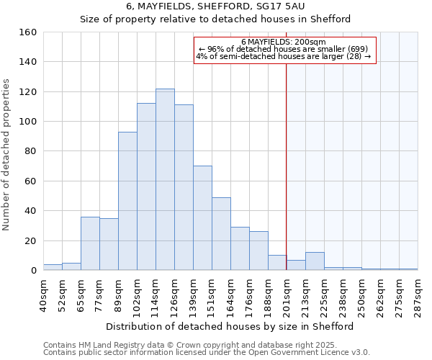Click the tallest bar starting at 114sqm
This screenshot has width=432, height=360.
[x=165, y=179]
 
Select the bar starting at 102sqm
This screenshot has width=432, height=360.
[x=146, y=186]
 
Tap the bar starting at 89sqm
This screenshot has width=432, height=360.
[x=127, y=201]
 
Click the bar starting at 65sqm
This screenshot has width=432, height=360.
[x=90, y=243]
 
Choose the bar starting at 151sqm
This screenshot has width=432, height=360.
[x=221, y=234]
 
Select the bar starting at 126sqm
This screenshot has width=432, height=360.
[x=184, y=187]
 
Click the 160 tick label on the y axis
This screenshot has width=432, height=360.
[x=28, y=32]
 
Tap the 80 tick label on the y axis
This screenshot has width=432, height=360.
[x=31, y=151]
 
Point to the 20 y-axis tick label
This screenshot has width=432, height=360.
[x=31, y=240]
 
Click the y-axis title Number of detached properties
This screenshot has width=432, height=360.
[x=7, y=151]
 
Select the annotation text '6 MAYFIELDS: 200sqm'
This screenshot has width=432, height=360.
[x=284, y=42]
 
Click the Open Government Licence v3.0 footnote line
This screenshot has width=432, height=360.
[x=207, y=353]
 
